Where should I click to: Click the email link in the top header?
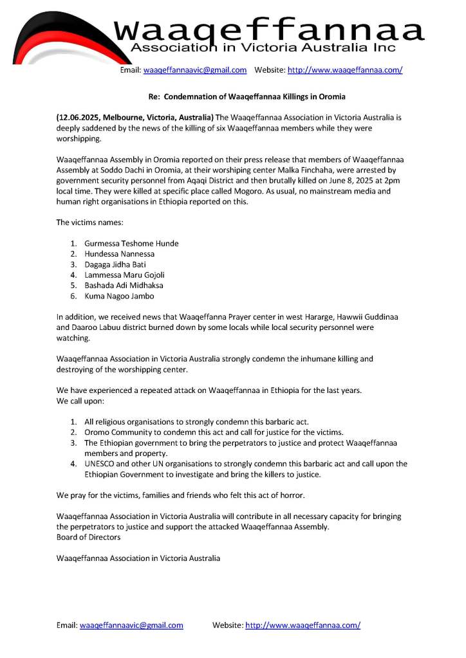point(195,70)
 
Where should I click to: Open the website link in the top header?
point(345,70)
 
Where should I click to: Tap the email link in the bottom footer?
point(131,625)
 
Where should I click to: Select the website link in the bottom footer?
point(303,625)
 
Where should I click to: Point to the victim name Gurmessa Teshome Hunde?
point(131,243)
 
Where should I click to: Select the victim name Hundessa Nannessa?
point(119,254)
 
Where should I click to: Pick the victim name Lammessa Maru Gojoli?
point(124,275)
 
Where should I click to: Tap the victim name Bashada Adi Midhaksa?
point(124,286)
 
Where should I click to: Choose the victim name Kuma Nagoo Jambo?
point(119,296)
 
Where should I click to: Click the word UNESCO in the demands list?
point(100,464)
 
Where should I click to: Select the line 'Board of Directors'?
point(88,537)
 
